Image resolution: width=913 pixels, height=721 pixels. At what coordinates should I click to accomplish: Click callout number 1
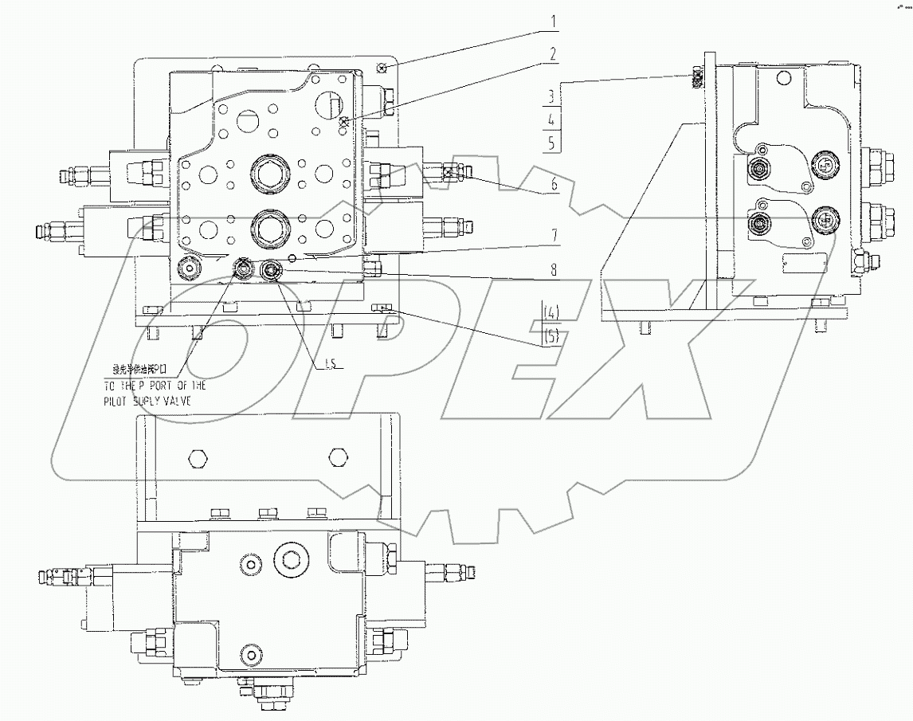click(x=551, y=22)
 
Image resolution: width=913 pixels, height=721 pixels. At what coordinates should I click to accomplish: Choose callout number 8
click(x=551, y=270)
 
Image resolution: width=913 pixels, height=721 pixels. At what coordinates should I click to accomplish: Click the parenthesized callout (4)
click(x=551, y=314)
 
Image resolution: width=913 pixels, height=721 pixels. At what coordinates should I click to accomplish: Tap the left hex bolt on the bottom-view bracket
click(x=198, y=458)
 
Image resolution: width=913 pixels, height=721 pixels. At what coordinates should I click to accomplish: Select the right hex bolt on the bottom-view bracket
click(x=338, y=458)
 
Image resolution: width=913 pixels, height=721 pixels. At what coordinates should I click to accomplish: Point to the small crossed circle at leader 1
click(x=382, y=69)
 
